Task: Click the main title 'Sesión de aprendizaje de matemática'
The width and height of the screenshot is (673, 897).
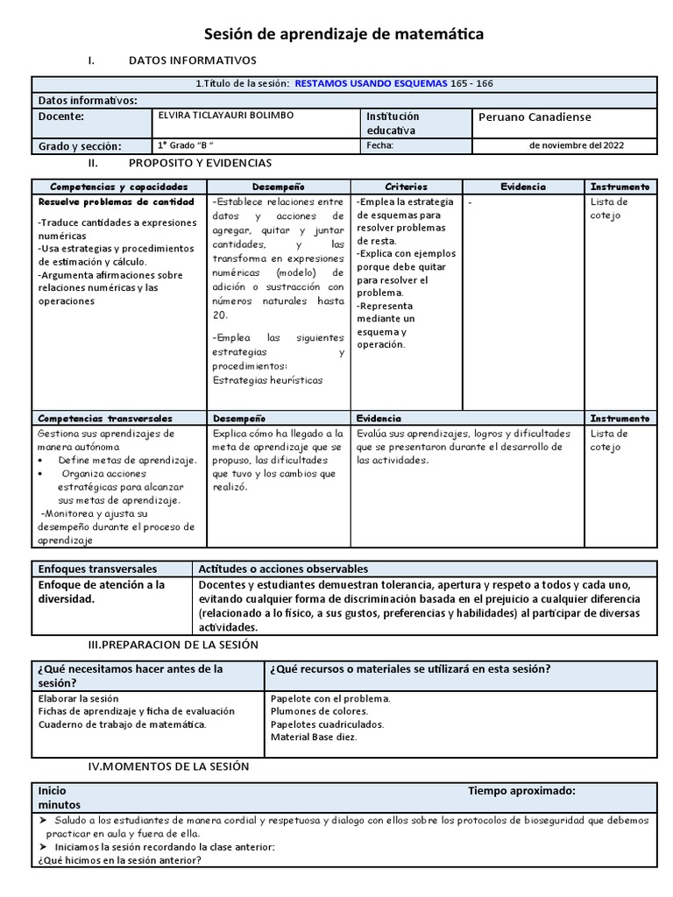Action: (344, 34)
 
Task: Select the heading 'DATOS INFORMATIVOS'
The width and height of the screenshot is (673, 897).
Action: (192, 60)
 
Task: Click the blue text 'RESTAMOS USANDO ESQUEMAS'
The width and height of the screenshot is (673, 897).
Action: (371, 83)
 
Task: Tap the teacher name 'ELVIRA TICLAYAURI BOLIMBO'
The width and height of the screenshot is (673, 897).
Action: (225, 116)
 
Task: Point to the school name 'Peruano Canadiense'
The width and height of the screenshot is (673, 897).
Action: (535, 117)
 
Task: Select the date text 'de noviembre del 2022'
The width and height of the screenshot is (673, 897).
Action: (577, 145)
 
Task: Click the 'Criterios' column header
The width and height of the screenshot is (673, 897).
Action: (406, 187)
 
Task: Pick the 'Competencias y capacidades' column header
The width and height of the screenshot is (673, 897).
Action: (119, 187)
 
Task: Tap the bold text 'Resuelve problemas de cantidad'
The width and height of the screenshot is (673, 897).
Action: (116, 202)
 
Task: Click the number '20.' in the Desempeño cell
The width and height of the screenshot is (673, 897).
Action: (220, 315)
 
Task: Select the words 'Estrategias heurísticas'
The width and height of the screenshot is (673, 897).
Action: (267, 380)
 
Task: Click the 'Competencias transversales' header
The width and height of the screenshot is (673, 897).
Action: (105, 419)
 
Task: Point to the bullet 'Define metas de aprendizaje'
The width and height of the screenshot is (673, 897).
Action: (127, 461)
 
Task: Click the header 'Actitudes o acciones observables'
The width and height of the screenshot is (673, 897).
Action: (283, 569)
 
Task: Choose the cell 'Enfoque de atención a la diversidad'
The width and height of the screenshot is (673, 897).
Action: (101, 592)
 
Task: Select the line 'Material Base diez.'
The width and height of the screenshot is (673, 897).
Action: (314, 737)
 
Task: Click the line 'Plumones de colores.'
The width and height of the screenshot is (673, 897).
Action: (319, 711)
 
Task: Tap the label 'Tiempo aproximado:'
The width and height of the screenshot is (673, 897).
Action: (521, 790)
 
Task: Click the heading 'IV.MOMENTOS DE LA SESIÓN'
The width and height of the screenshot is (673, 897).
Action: (168, 766)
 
